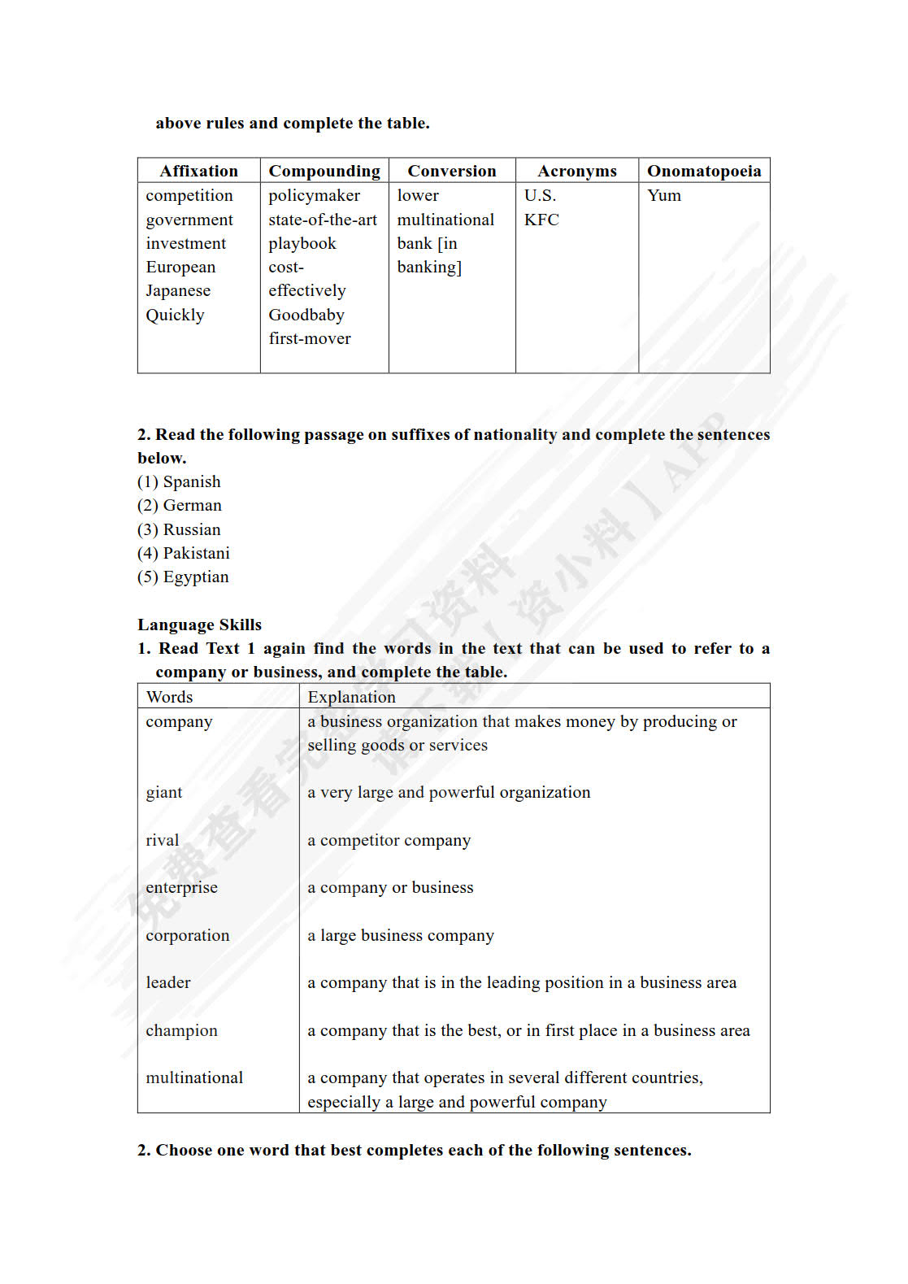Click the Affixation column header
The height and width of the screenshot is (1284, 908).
tap(198, 171)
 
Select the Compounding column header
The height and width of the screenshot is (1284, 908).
tap(324, 171)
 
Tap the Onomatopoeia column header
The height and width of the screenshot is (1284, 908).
tap(704, 171)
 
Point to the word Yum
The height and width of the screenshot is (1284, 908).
tap(664, 195)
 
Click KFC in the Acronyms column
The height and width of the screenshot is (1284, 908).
tap(541, 220)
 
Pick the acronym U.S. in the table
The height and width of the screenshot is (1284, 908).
tap(541, 195)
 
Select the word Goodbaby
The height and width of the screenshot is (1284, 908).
tap(306, 315)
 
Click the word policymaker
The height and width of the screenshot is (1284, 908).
tap(314, 195)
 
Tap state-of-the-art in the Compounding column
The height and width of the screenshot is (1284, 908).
tap(323, 220)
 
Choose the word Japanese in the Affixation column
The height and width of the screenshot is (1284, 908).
tap(178, 290)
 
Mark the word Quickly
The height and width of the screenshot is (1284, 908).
tap(175, 315)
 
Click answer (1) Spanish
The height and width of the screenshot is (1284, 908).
tap(179, 481)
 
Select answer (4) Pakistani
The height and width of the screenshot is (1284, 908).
tap(184, 553)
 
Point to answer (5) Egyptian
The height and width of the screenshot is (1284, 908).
tap(183, 577)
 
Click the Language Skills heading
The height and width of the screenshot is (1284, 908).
tap(199, 625)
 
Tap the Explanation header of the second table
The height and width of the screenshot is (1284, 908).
tap(351, 697)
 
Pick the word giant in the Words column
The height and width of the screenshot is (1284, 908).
tap(164, 792)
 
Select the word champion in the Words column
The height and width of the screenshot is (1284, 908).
tap(181, 1030)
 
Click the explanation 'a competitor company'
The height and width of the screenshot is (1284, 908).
tap(389, 840)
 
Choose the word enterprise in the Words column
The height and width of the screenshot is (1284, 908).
tap(181, 887)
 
